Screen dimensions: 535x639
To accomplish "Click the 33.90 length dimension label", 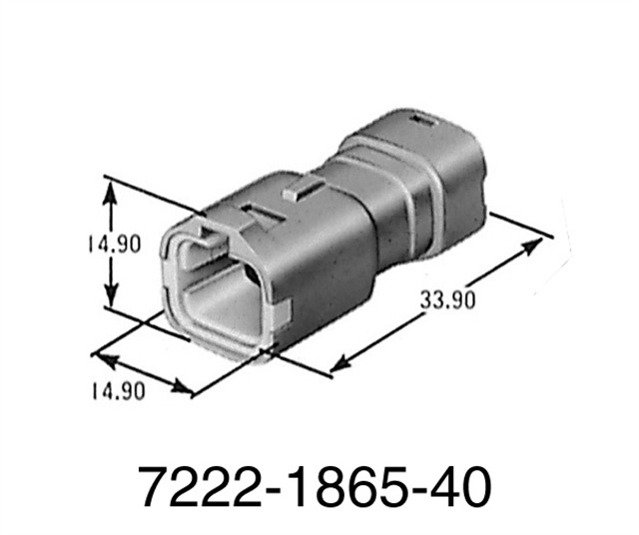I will (x=445, y=298).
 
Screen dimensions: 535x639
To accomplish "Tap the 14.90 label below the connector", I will (x=111, y=390).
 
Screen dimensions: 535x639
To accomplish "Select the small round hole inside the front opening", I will (x=243, y=271).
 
